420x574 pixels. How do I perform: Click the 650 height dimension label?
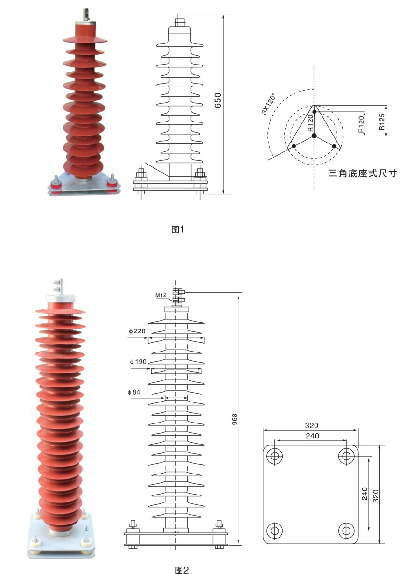(217, 100)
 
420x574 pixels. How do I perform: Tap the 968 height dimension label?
(235, 417)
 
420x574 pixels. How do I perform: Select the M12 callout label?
(161, 295)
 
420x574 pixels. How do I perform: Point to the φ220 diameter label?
(138, 331)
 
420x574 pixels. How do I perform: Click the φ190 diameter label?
(138, 362)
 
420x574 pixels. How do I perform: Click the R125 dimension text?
(381, 122)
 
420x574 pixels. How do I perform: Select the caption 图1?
(178, 229)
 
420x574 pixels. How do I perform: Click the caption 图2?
(182, 570)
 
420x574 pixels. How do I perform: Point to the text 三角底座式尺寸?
(362, 173)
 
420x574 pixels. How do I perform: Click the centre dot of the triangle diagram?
(314, 136)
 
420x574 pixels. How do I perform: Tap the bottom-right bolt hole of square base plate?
(346, 530)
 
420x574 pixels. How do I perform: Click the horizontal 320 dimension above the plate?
(311, 425)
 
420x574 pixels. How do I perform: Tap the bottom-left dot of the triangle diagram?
(294, 146)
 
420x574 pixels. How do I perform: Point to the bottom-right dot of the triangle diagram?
(334, 146)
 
